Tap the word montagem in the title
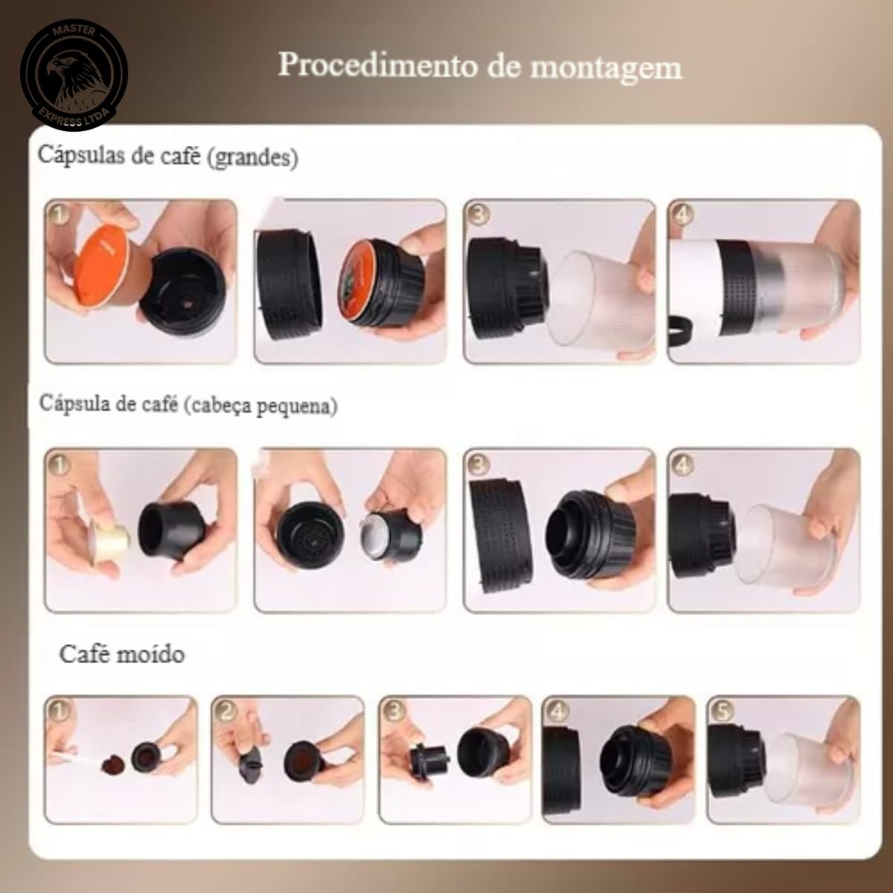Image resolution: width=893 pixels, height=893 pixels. point(606,67)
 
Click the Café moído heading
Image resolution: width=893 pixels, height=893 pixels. point(122,654)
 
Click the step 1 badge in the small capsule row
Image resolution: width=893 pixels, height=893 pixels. point(60,464)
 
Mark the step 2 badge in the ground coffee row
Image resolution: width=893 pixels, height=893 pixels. point(225,711)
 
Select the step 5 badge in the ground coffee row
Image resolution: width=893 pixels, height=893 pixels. point(720,711)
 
